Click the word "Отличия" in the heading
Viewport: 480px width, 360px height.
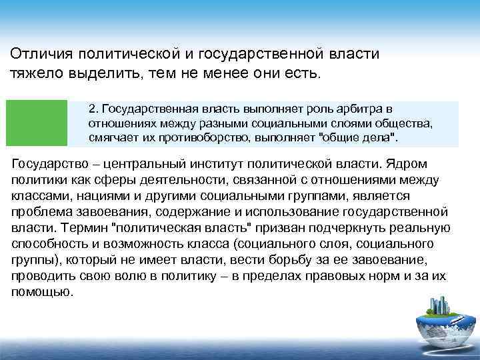[x=39, y=53]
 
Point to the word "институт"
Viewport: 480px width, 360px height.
[x=208, y=164]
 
